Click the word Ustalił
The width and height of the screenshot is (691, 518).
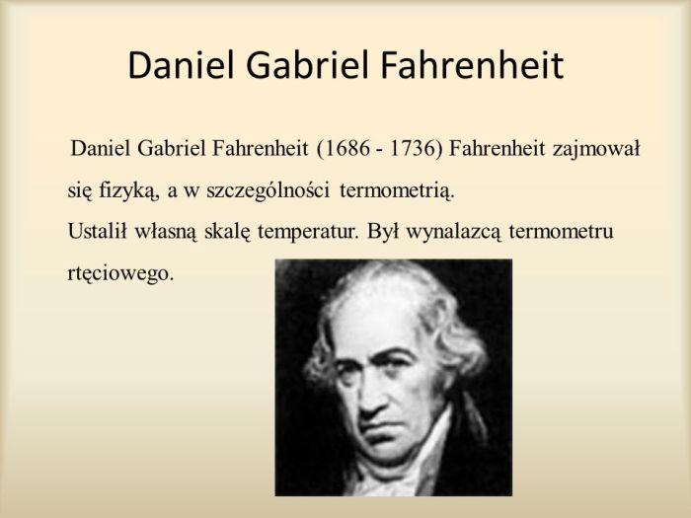95,232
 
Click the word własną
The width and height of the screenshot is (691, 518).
163,232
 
